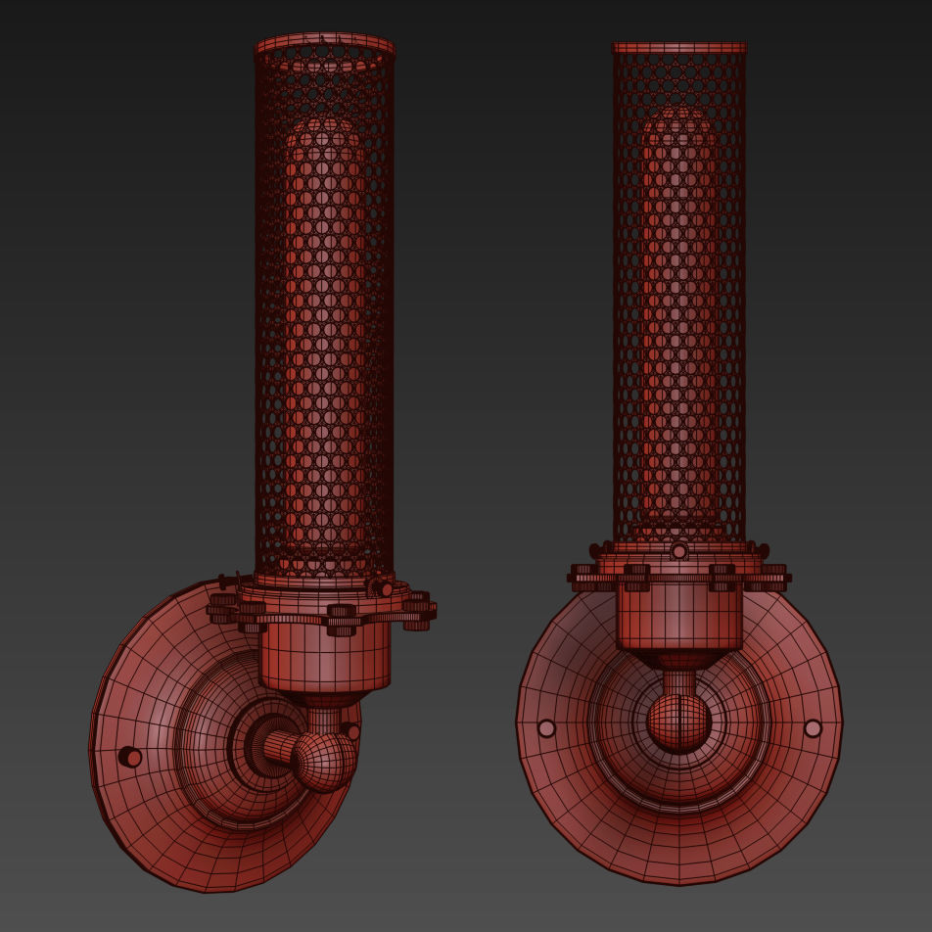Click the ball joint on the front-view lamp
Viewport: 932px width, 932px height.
coord(678,723)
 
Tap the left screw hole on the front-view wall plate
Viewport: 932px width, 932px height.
coord(546,728)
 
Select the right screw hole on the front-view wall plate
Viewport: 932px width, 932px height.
coord(813,728)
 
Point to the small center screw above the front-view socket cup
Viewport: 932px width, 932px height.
coord(678,552)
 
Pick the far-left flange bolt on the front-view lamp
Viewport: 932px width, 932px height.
coord(582,577)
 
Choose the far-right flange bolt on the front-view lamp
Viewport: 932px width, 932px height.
coord(774,577)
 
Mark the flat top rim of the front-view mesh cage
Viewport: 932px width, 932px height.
coord(678,47)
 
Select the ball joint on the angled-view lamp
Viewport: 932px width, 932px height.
coord(323,762)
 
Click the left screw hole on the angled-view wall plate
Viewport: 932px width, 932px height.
coord(130,757)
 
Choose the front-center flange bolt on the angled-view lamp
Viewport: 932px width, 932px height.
coord(341,620)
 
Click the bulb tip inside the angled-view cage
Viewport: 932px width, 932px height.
coord(324,127)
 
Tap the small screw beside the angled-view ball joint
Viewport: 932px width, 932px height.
coord(353,731)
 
